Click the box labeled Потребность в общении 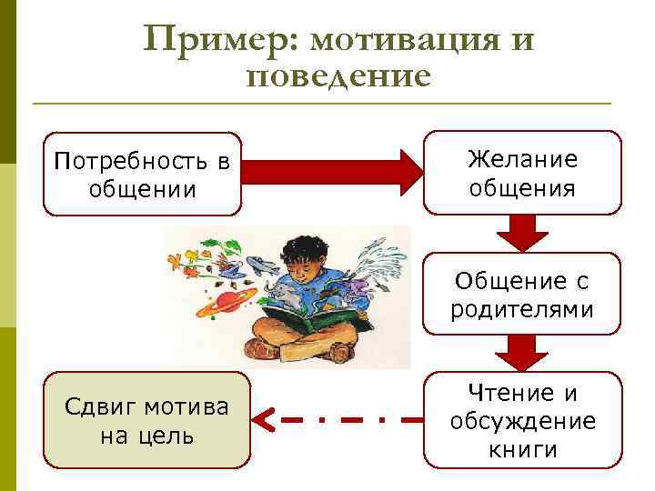[x=143, y=175]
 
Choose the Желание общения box [x=522, y=174]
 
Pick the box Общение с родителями [x=522, y=295]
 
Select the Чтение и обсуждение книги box [x=522, y=421]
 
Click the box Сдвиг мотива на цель [x=146, y=420]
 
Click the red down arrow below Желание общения [x=521, y=232]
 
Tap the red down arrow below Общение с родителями [x=521, y=350]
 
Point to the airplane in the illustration [x=263, y=266]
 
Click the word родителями [x=522, y=309]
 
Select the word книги [x=522, y=449]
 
